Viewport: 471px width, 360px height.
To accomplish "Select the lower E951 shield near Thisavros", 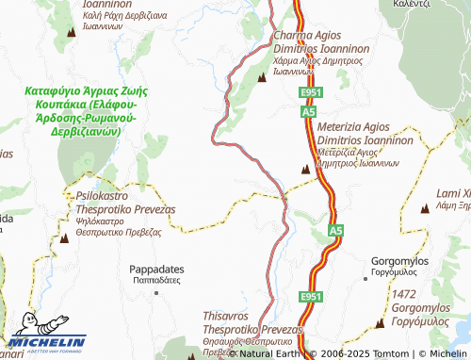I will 311,297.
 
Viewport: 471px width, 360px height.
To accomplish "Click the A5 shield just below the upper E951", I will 308,111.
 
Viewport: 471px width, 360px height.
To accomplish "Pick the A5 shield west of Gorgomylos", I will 334,229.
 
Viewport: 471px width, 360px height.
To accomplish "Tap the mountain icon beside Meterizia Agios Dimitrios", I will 304,170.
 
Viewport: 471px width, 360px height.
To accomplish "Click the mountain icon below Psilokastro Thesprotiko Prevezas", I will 64,238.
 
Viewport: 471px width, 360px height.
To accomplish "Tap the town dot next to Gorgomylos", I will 365,278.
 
